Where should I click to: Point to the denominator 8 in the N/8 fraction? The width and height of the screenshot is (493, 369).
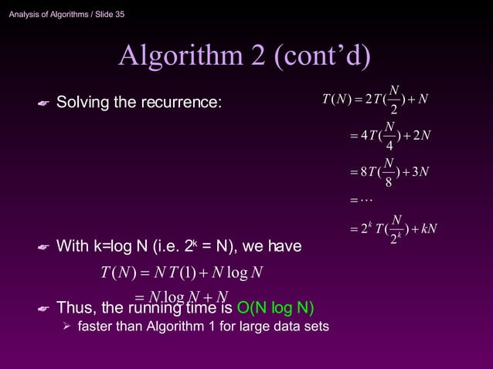[389, 183]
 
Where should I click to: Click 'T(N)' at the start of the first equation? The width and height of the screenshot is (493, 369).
[337, 100]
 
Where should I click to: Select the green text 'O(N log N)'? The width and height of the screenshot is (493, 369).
[276, 309]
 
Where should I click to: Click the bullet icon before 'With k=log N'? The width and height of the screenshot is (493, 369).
[43, 248]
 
